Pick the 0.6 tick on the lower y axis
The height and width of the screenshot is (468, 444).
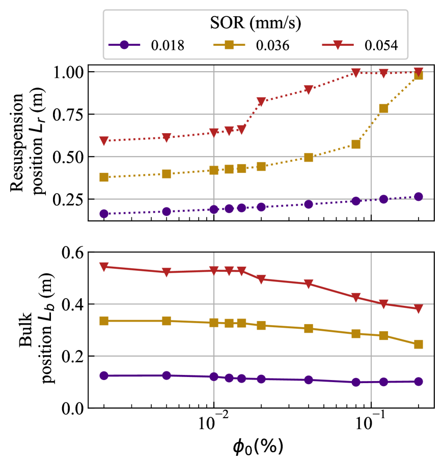pyautogui.click(x=72, y=253)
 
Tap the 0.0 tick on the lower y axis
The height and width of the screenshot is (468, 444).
pyautogui.click(x=72, y=408)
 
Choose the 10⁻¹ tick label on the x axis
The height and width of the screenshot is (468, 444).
pyautogui.click(x=370, y=423)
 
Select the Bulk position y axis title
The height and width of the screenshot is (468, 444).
pyautogui.click(x=31, y=330)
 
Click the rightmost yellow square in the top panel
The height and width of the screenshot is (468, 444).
pyautogui.click(x=419, y=75)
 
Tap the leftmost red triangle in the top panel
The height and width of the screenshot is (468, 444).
pyautogui.click(x=104, y=141)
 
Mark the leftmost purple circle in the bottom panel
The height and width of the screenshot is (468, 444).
pyautogui.click(x=104, y=376)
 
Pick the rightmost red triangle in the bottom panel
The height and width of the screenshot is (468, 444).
pyautogui.click(x=419, y=309)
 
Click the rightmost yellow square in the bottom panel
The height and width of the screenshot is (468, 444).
pyautogui.click(x=419, y=345)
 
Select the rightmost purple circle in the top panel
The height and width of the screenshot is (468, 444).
pyautogui.click(x=419, y=197)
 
